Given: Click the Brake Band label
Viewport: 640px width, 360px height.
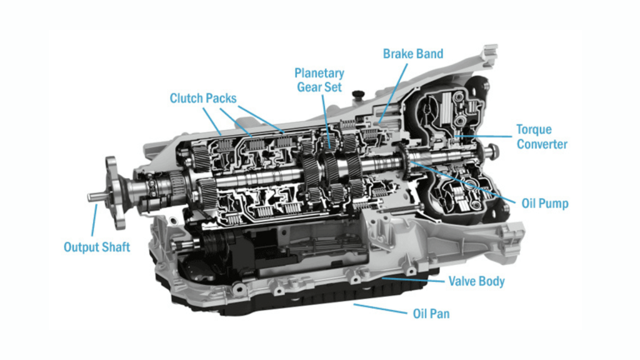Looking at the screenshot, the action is [x=412, y=54].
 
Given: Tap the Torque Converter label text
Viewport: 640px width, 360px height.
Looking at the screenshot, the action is [x=542, y=137].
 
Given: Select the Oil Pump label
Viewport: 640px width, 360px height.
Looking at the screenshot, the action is [x=545, y=203].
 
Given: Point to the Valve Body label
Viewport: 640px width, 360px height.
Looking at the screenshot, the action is [x=476, y=281].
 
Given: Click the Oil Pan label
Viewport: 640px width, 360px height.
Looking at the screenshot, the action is [x=431, y=314].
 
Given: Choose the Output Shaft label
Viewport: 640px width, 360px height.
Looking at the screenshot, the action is [x=97, y=247].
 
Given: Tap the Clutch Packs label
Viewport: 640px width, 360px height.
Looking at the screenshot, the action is [x=203, y=98].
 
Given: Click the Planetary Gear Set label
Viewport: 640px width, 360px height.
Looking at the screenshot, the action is [x=319, y=80].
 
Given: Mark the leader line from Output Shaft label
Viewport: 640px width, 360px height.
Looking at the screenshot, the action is [x=94, y=220].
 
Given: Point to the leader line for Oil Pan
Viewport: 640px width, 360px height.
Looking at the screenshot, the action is [x=381, y=309].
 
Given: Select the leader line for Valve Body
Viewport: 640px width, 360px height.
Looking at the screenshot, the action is [x=413, y=280].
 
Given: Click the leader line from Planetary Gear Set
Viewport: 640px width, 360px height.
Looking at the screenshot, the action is [x=326, y=121].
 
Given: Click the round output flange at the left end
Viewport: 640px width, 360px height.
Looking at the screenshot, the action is [x=116, y=192].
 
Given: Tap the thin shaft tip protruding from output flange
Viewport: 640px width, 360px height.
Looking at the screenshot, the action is [x=96, y=197].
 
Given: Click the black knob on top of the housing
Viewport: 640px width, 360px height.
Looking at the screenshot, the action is [x=358, y=94].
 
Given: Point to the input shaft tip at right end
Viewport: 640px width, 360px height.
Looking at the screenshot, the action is [x=492, y=151].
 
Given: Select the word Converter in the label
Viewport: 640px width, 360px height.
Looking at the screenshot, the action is [x=542, y=144].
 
